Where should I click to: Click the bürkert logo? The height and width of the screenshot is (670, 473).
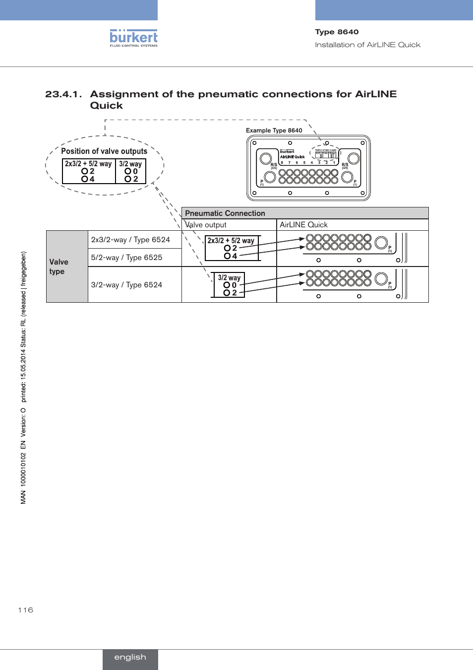click(133, 38)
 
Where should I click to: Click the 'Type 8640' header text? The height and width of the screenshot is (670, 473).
click(337, 32)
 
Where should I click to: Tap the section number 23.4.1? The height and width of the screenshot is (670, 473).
click(63, 94)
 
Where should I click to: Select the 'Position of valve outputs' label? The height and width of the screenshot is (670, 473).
click(104, 151)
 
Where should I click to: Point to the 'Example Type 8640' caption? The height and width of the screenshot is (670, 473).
click(274, 131)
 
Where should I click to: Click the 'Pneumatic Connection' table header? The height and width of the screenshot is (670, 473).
click(225, 213)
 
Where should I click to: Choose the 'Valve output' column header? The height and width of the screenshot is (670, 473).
click(206, 225)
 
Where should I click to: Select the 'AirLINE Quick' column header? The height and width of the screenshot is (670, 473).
click(303, 225)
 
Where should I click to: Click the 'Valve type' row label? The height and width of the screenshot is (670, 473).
click(59, 267)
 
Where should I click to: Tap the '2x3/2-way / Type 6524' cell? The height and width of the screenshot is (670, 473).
click(130, 240)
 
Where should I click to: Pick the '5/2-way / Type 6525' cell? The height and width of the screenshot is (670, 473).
click(126, 258)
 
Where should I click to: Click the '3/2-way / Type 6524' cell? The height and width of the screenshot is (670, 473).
click(126, 285)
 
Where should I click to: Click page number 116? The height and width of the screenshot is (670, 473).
click(25, 610)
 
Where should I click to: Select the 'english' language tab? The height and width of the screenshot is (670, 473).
click(130, 657)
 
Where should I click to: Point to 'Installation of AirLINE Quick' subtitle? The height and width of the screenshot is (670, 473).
click(367, 45)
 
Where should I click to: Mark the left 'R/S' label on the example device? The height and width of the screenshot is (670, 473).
click(274, 165)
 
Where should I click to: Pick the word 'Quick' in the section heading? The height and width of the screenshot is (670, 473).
click(106, 106)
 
